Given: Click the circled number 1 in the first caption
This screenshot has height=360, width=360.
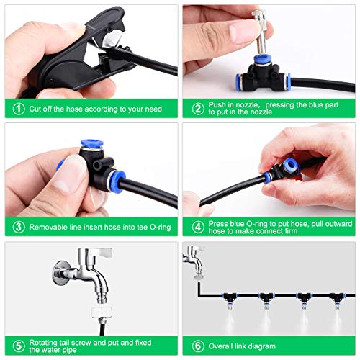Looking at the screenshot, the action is (x=19, y=109).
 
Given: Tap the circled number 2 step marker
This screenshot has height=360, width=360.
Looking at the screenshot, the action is (x=198, y=109).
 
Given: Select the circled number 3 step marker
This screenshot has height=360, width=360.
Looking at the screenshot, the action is (x=19, y=227).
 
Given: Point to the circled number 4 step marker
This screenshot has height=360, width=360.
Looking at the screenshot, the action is (x=198, y=227).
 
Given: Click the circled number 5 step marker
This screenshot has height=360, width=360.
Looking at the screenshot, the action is (x=19, y=346).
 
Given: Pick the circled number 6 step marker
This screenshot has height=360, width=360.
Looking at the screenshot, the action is (x=198, y=346).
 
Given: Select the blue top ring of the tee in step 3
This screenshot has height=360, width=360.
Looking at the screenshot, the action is (x=92, y=143).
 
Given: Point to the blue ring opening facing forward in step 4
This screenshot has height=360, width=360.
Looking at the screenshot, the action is (x=289, y=166).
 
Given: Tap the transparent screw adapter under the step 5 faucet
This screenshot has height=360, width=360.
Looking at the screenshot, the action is (x=102, y=312).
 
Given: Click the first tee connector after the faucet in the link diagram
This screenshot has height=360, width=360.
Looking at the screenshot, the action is (x=229, y=297).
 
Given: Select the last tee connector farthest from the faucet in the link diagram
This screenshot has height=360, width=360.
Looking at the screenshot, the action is (x=337, y=297).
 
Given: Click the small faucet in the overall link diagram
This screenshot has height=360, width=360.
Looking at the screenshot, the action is (x=194, y=261).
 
